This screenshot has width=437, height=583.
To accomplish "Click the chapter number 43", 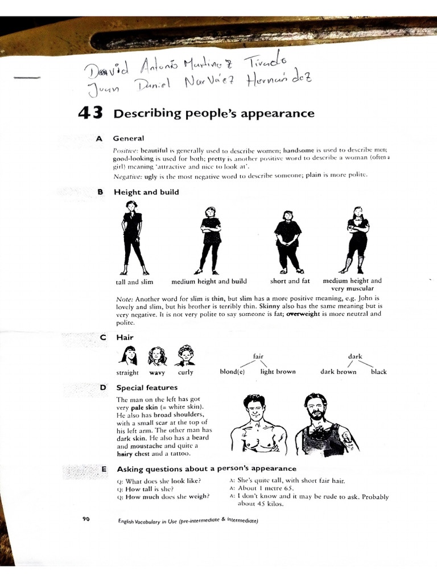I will tap(90, 113).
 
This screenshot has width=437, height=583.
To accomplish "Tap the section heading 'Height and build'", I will tap(146, 192).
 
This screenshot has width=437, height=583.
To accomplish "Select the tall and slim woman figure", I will tap(133, 238).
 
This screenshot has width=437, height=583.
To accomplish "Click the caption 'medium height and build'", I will tap(209, 281).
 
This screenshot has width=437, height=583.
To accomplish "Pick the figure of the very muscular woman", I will tap(357, 239).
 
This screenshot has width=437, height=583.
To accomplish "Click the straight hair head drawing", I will tap(127, 356).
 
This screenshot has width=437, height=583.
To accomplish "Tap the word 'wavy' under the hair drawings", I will tap(157, 372).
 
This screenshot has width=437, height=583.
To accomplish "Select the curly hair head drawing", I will tap(185, 356).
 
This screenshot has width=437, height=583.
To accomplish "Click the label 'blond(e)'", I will tap(232, 372).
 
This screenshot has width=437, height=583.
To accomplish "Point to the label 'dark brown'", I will tap(338, 372).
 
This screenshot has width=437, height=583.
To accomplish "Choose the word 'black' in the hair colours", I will tap(378, 372).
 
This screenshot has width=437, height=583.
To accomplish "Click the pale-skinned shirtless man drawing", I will tap(255, 424).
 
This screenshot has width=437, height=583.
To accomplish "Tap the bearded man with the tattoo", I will tap(323, 424).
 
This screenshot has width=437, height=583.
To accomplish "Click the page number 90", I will tap(86, 519).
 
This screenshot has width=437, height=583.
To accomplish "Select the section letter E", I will tap(103, 469).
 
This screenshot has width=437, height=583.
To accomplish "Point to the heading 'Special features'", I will tap(147, 388).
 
